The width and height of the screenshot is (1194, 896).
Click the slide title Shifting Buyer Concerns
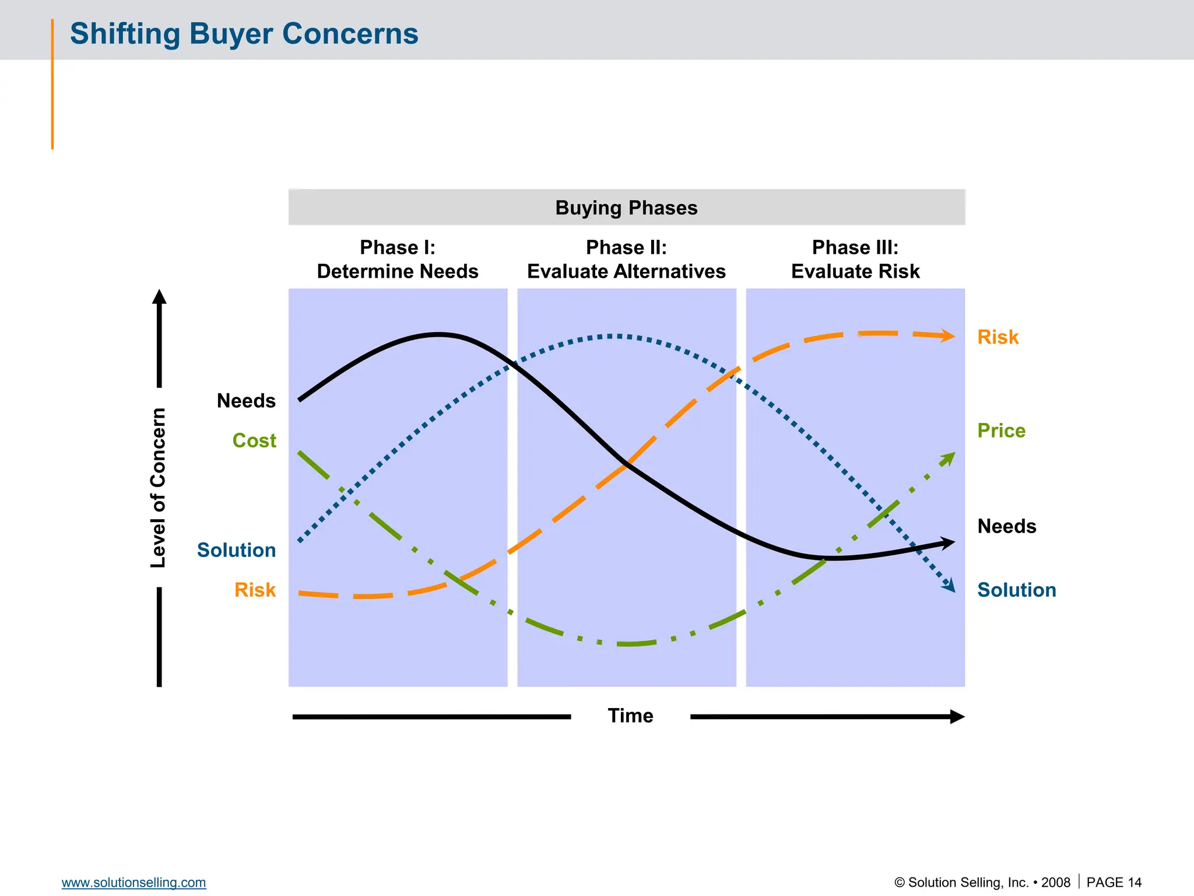point(244,34)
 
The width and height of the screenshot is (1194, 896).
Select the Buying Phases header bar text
point(626,208)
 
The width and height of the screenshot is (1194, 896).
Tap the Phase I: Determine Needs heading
point(398,260)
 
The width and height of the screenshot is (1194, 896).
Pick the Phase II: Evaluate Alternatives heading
point(626,260)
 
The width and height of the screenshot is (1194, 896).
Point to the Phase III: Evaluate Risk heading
point(855,260)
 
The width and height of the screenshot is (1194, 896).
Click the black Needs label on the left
point(246,401)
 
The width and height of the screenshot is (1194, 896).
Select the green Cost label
point(254,441)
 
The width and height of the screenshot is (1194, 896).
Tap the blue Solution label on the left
point(236,551)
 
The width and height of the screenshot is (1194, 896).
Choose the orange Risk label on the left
point(255,590)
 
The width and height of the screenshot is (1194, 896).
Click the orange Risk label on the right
point(998,338)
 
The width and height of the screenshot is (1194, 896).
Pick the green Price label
point(1001,431)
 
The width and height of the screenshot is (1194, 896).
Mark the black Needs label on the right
point(1006,527)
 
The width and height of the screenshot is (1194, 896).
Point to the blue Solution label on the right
point(1016,590)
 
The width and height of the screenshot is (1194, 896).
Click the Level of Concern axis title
point(159,488)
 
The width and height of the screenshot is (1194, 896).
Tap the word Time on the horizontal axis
point(630,716)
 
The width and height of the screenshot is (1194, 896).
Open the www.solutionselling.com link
point(134,883)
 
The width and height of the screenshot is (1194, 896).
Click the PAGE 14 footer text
point(1114,883)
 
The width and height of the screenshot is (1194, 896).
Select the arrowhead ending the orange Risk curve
point(948,336)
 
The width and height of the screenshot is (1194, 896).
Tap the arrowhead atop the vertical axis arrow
point(159,297)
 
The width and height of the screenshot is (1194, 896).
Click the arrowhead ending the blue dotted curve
point(950,586)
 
